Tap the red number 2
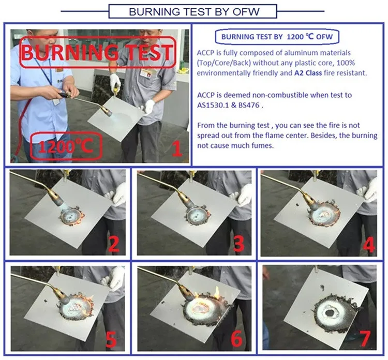(x=114, y=244)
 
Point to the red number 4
(x=368, y=245)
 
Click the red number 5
(x=111, y=340)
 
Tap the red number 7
(x=365, y=339)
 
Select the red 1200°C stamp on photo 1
(x=66, y=146)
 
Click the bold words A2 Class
(x=308, y=73)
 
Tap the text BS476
(x=249, y=105)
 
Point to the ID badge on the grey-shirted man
(x=145, y=73)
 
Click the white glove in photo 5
(x=114, y=278)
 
